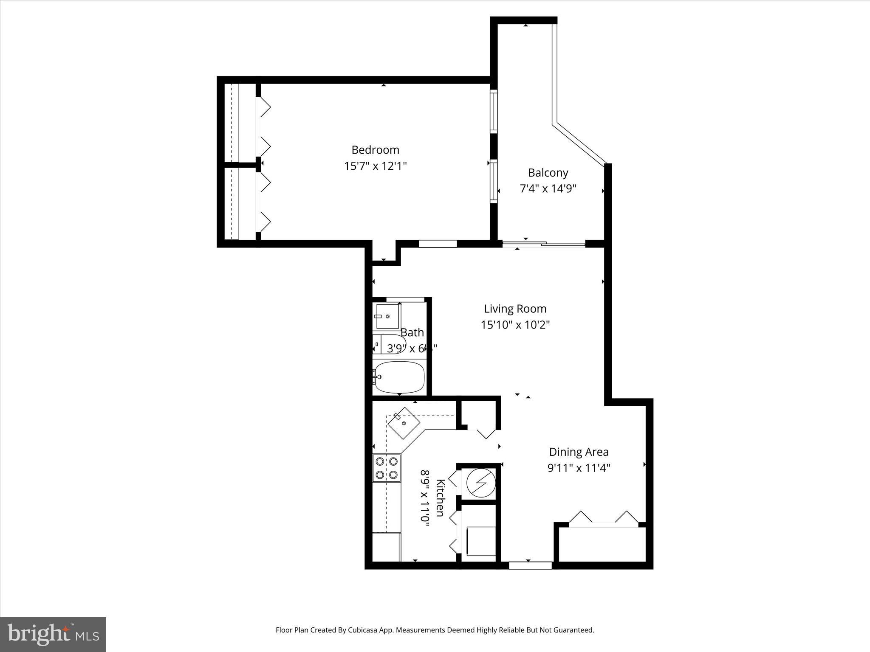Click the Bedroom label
coord(375,150)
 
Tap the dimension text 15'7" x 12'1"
coord(375,166)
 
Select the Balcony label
coord(548,173)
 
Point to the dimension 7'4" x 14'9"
coord(548,188)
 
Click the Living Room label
coord(515,309)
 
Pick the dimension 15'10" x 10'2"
coord(515,325)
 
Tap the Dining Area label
coord(579,452)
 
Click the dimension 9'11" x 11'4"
coord(579,468)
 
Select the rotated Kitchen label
coord(441,497)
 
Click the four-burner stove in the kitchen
coord(387,468)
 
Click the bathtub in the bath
coord(399,377)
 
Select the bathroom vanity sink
coord(387,316)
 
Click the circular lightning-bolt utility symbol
coord(481,483)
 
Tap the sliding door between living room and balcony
coord(544,244)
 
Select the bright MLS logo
coord(53,634)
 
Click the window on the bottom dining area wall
coord(530,565)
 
